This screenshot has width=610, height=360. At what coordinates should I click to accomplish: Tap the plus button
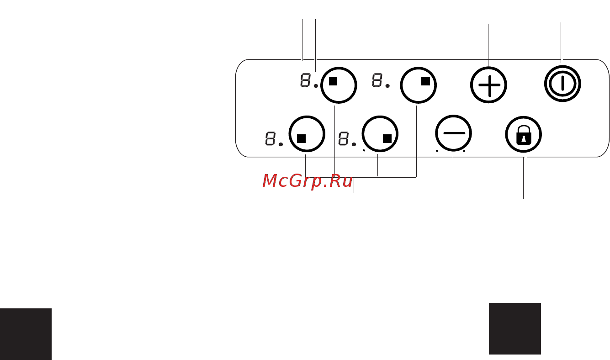pos(488,85)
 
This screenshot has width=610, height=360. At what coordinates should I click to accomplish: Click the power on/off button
pos(562,84)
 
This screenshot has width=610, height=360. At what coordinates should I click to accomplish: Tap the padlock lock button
pos(523,134)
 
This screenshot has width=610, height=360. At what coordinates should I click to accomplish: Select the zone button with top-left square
pos(339,85)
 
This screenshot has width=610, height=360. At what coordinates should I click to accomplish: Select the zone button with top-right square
pos(418,85)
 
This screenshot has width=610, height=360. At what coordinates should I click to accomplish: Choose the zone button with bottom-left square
pos(307,134)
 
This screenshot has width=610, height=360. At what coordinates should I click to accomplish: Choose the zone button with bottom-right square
pos(380,134)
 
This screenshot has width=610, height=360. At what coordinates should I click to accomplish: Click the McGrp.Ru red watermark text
pos(308,181)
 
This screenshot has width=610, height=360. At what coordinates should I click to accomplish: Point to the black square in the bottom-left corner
pos(26,334)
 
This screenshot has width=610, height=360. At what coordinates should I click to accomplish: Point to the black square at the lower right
pos(515,328)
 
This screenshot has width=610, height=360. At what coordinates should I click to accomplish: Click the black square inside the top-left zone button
pos(333,81)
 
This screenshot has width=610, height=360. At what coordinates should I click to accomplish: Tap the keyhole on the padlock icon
pos(523,140)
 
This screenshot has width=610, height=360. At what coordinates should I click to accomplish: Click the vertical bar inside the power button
pos(562,83)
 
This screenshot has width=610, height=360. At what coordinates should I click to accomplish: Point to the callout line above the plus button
pos(488,45)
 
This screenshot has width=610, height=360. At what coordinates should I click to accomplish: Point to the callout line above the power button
pos(561,43)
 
